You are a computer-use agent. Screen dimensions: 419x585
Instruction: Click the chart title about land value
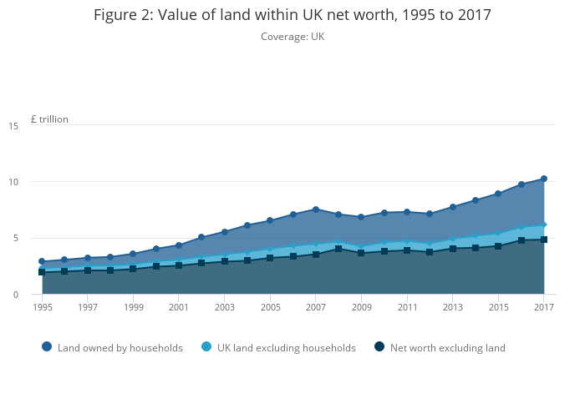(x=292, y=15)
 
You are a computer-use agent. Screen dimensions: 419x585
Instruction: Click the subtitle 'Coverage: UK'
(x=292, y=37)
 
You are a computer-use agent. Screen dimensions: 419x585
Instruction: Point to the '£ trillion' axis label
(x=49, y=119)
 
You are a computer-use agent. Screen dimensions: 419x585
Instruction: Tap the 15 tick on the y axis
(x=13, y=126)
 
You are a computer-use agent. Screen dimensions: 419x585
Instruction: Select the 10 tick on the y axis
(x=13, y=182)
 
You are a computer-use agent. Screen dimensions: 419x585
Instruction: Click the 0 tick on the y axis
(x=16, y=295)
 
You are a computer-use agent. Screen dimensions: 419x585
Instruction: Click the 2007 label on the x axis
(x=315, y=307)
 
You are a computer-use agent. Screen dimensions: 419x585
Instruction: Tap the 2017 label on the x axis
(x=543, y=307)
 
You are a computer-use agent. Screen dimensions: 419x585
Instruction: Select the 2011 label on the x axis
(x=406, y=307)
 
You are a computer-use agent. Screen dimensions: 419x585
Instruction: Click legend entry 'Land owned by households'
(x=120, y=348)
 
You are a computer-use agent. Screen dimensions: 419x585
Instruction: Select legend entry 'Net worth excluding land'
(x=447, y=348)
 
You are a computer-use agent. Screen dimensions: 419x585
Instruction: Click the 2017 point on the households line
(x=543, y=179)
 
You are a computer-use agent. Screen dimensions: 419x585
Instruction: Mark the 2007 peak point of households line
(x=315, y=209)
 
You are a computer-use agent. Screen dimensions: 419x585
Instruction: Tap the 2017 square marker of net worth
(x=543, y=240)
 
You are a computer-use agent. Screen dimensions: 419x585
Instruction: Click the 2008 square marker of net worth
(x=338, y=249)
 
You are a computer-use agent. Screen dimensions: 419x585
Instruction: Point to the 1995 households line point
(x=42, y=261)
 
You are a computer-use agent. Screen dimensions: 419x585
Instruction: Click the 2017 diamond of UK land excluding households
(x=543, y=225)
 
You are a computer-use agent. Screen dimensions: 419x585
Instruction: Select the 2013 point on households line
(x=452, y=207)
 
